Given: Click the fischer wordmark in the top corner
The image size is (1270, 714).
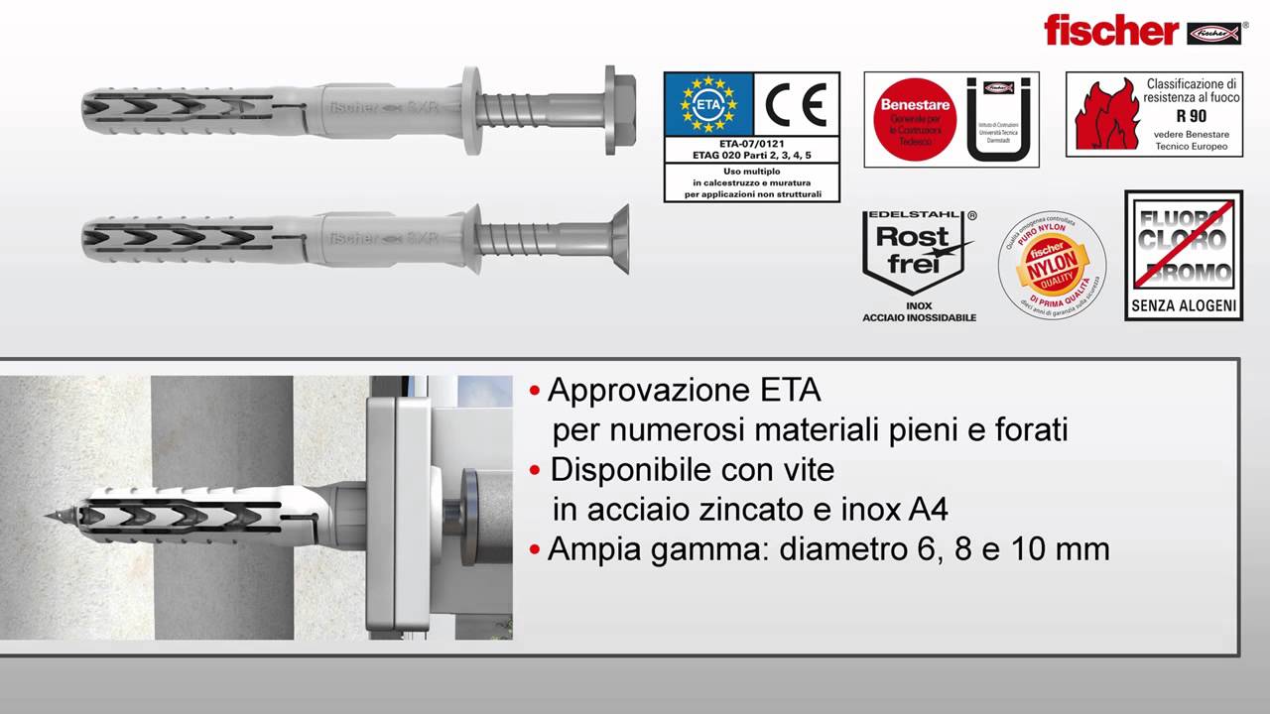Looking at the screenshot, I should [1109, 30].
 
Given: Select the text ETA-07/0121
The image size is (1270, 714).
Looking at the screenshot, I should [750, 143].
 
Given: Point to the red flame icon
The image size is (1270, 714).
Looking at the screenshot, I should [1103, 116].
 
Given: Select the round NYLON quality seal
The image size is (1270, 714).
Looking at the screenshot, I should [1052, 265].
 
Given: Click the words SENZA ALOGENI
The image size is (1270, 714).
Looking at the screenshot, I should [1184, 305].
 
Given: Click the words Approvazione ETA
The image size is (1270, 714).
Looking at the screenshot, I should [684, 390].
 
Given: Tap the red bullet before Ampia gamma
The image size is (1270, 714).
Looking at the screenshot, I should [536, 548].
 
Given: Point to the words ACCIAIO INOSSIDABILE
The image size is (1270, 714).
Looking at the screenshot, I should [919, 317].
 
